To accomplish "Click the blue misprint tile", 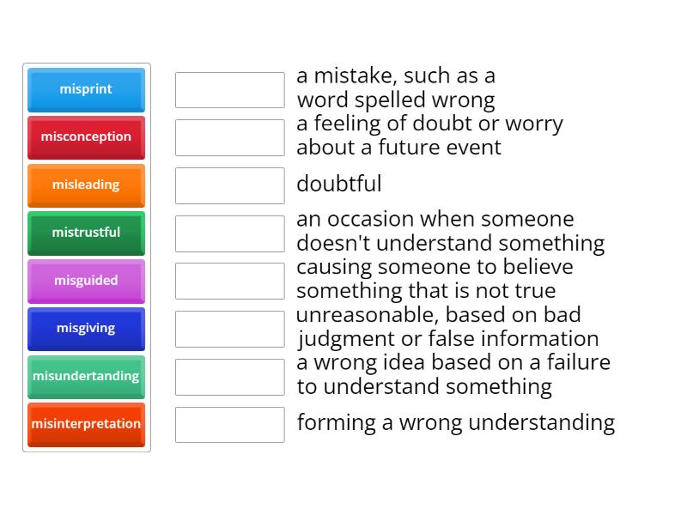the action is [87, 90].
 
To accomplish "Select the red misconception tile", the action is [87, 137].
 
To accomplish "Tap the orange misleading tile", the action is [87, 185].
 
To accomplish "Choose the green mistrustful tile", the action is [87, 233].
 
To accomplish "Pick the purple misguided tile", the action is [87, 282].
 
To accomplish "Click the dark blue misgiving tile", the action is [87, 329].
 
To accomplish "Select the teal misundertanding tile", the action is [87, 377].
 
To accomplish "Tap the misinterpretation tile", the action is [87, 425].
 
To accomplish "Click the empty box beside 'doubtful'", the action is [230, 185].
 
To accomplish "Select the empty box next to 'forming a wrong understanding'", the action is [230, 425].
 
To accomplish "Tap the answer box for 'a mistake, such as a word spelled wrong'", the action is [230, 90].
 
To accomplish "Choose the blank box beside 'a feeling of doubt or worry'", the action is [230, 137].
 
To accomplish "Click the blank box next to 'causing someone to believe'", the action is [230, 282].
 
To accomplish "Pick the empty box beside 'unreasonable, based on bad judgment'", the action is [230, 329].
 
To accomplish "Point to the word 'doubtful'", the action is [339, 184].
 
